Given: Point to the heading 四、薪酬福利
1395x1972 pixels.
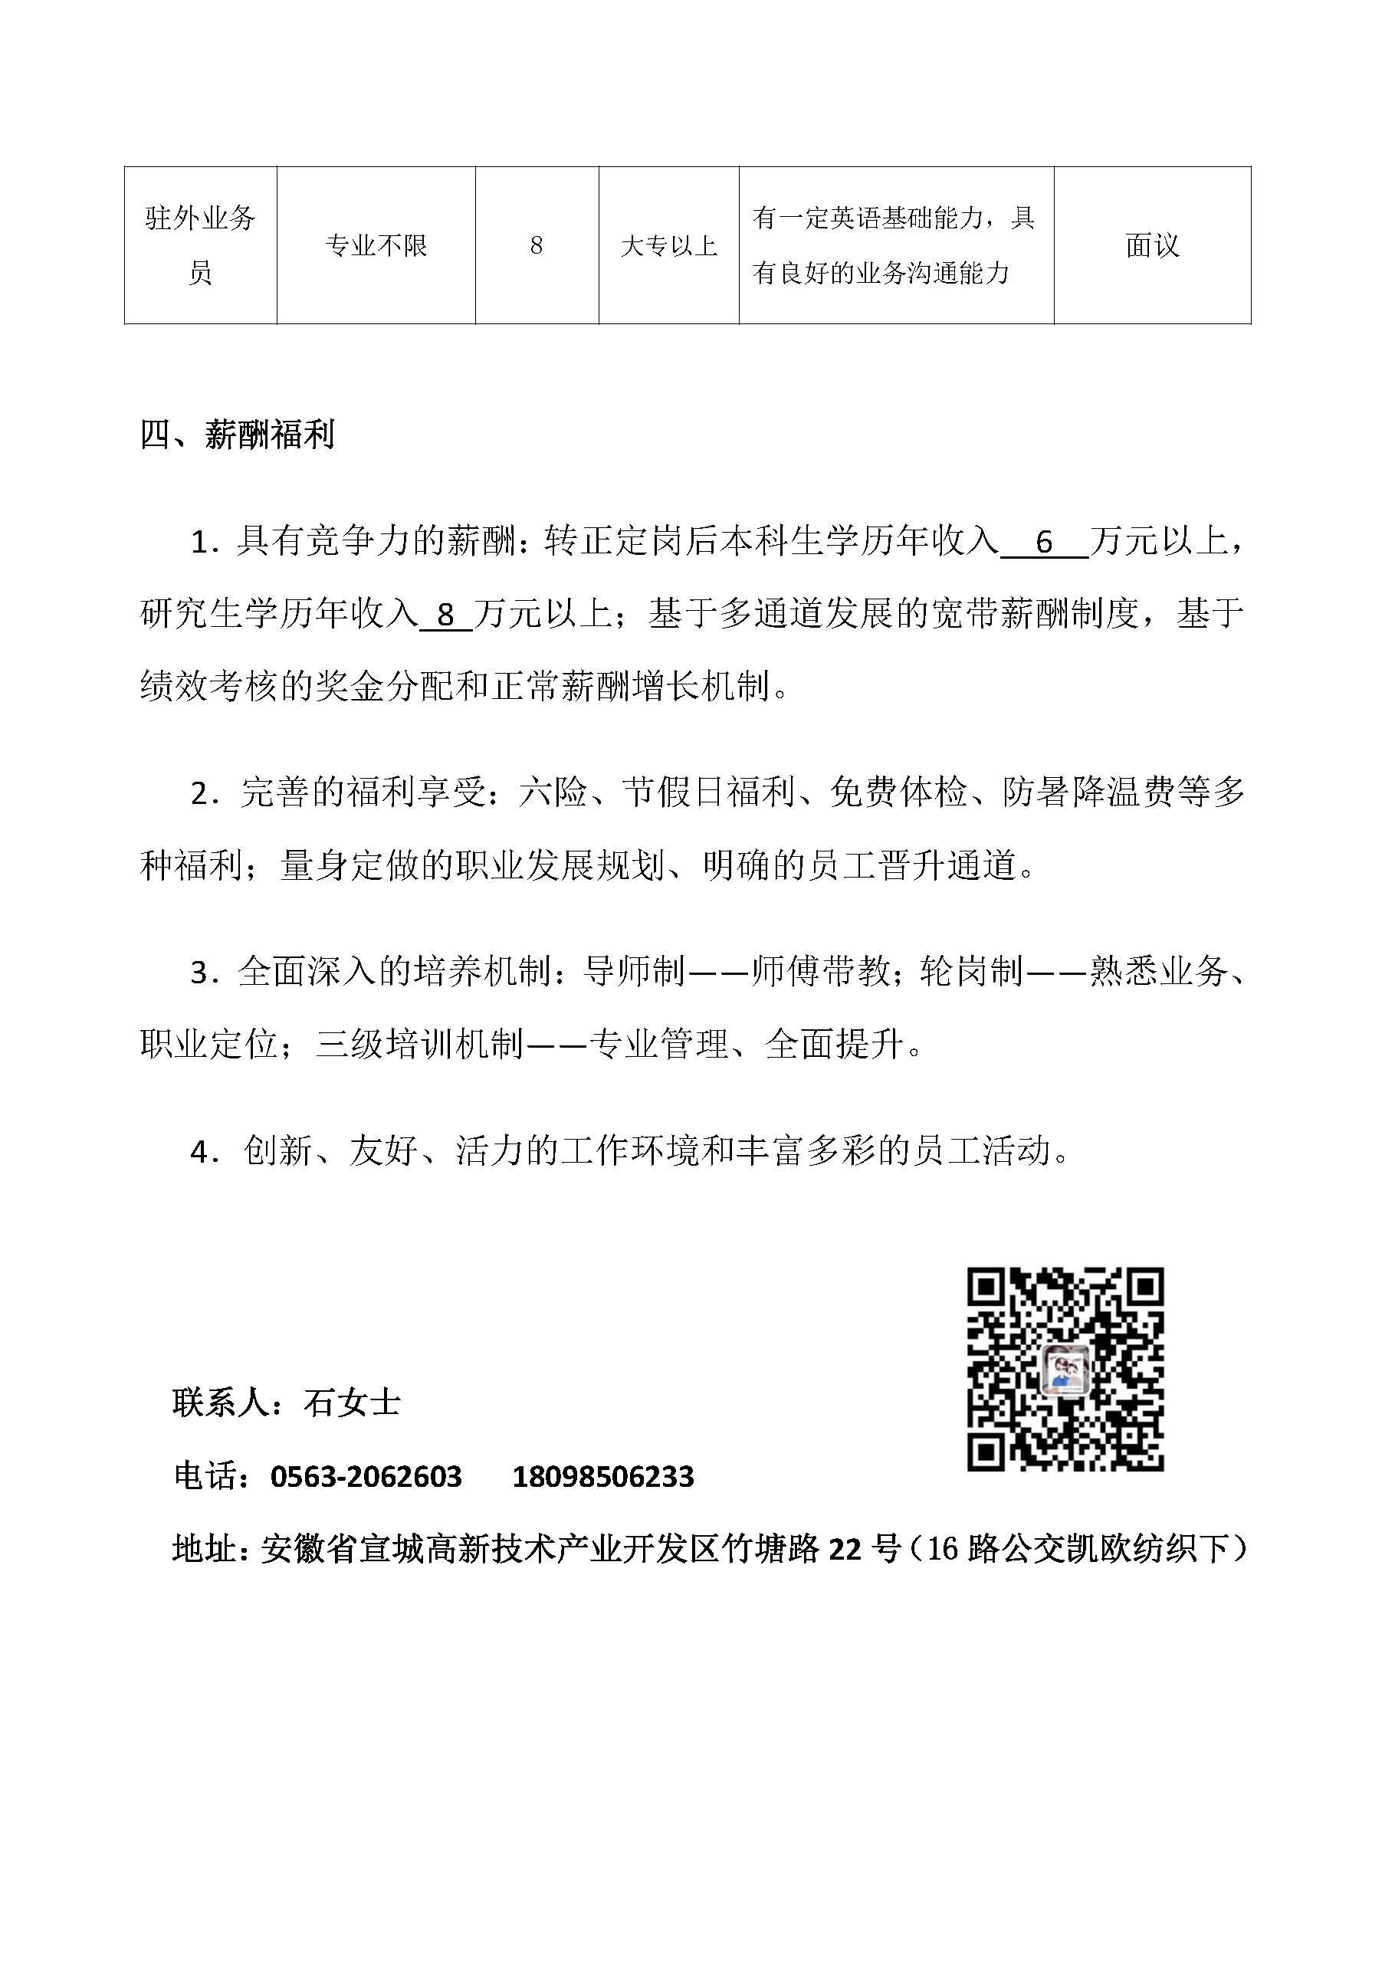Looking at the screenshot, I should point(237,435).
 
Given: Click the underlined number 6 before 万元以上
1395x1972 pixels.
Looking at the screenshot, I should point(1044,542).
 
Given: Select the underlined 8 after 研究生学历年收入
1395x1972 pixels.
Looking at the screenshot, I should point(445,615).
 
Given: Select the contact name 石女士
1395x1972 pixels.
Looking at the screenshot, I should point(352,1403).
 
